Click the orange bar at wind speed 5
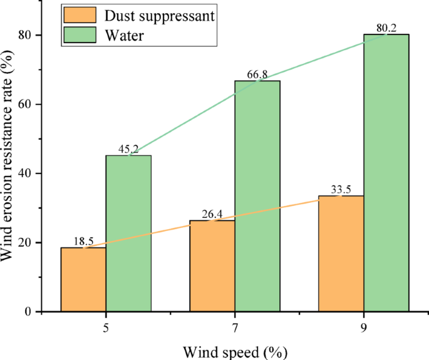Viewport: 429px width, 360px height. (83, 279)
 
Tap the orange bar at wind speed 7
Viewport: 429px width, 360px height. (212, 265)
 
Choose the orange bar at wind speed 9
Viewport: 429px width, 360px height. (341, 254)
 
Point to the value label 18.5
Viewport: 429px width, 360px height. (83, 242)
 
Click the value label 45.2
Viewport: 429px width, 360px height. (128, 150)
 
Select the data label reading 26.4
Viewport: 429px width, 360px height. (212, 215)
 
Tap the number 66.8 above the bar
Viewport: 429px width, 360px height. (257, 75)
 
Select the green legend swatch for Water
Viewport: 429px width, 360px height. (79, 36)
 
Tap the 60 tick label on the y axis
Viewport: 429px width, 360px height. (25, 105)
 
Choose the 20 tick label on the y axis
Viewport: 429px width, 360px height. (25, 243)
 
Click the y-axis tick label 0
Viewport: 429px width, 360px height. (29, 312)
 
